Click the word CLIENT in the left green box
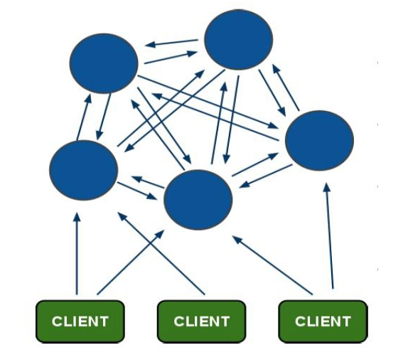pos(80,321)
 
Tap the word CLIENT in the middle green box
pos(202,321)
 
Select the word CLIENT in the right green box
pos(323,321)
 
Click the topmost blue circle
pos(238,40)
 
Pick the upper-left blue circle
pos(104,63)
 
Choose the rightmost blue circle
pos(319,140)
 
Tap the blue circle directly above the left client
pos(83,170)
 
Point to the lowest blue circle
pos(198,199)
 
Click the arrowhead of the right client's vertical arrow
pos(327,188)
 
